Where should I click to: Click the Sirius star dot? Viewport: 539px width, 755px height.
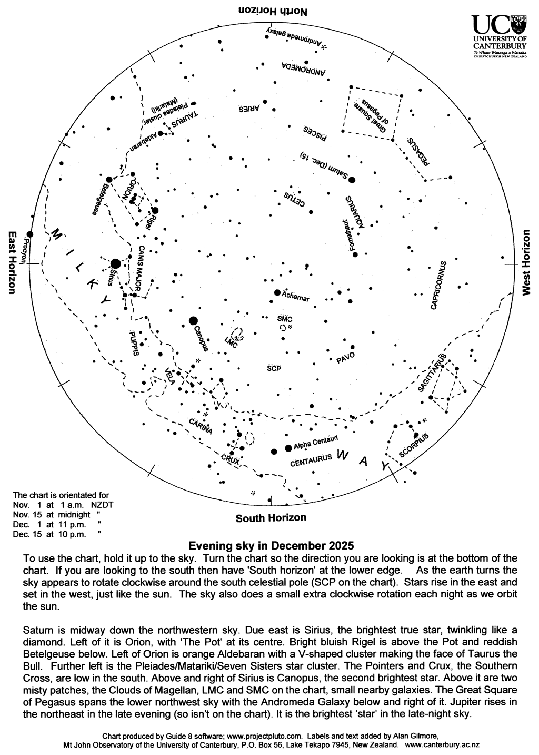115,263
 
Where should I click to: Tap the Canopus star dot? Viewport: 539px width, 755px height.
193,320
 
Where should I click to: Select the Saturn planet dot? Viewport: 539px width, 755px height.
352,180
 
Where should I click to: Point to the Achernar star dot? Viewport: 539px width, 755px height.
277,292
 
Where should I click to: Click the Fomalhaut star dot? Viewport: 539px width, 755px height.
355,255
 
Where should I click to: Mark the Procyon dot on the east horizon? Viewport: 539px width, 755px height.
30,234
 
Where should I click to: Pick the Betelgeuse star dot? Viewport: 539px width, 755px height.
109,180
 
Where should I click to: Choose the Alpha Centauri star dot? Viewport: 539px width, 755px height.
288,448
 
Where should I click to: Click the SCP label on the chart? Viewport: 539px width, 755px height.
274,368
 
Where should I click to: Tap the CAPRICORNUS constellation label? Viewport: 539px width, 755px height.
438,285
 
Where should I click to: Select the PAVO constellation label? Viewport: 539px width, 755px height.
345,358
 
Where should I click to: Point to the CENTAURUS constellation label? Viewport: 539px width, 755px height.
312,459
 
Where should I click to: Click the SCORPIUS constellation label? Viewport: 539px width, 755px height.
414,445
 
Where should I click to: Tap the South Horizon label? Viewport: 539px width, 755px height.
271,518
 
